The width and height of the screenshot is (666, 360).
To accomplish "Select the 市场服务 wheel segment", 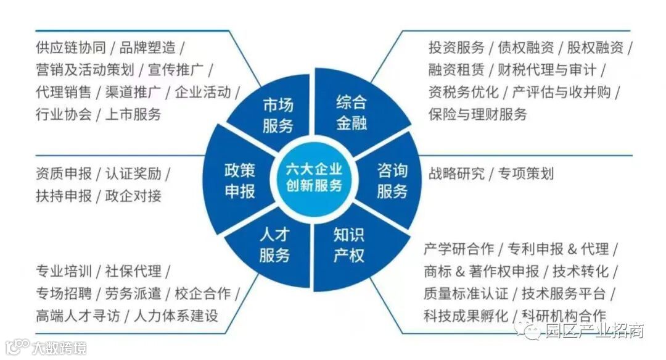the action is pos(277,115).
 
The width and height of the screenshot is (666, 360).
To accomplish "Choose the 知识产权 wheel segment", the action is pos(349,245).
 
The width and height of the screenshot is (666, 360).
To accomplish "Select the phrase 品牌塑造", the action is pos(147,48).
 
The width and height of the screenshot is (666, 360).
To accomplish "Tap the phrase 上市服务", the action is pos(133,114).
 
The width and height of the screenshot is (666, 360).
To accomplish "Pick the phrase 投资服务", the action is pos(454,48).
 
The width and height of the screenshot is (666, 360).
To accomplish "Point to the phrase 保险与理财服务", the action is pos(478,114).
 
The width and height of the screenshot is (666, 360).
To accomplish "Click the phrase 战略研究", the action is pos(456,174).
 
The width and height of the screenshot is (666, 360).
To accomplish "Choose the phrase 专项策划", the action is pos(526,174).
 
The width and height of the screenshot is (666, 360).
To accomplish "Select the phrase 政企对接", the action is pos(133,196).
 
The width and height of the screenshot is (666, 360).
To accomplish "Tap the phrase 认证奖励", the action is pos(133,174).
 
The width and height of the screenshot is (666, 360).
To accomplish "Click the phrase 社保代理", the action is pos(133,270).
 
